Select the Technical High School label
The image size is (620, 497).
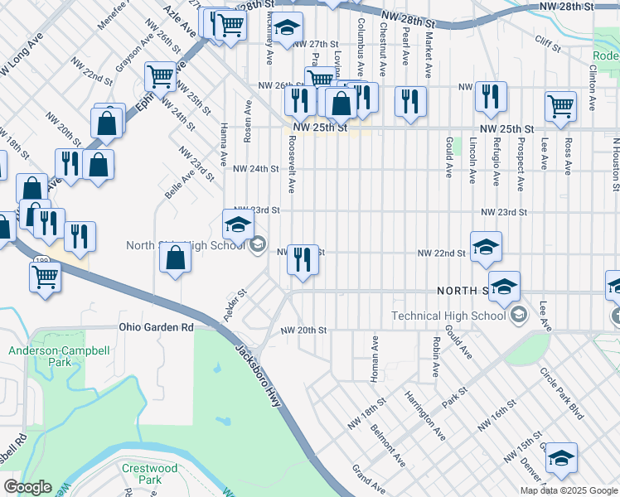point(448,316)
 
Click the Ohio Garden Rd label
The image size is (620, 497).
point(157,327)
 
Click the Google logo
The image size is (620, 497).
point(27,487)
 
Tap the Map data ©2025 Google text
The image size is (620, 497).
point(569,490)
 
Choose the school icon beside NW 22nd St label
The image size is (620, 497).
point(486,245)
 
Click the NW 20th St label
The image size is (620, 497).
point(303,330)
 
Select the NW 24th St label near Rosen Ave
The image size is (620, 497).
point(255,168)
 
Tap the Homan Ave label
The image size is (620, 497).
point(374,355)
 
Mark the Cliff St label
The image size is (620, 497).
point(548,38)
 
